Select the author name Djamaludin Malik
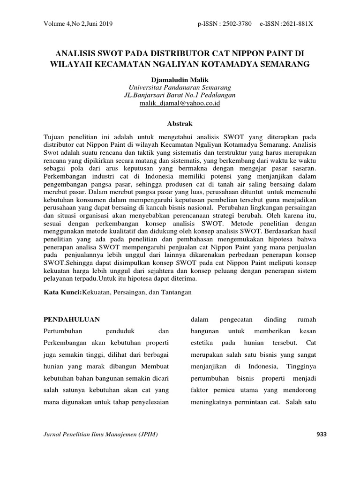coord(180,80)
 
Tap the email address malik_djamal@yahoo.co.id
coord(180,103)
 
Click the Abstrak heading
coord(180,124)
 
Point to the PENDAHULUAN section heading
coord(72,319)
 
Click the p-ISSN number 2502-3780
coord(239,23)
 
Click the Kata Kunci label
coord(62,292)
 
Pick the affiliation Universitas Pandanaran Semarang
coord(180,88)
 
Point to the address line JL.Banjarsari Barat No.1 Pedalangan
coord(180,95)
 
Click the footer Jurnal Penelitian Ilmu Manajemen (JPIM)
coord(100,435)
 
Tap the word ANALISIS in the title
coord(76,51)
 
